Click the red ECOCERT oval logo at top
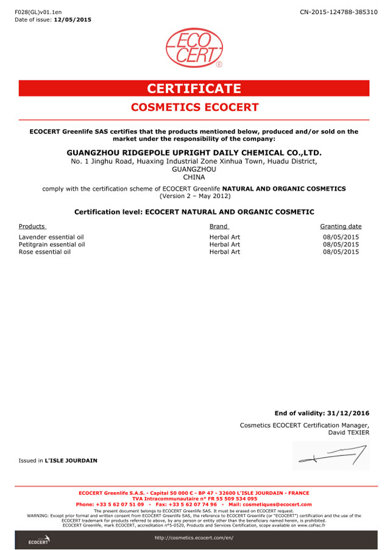tap(194, 48)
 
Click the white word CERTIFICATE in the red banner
tap(194, 88)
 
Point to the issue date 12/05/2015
tap(73, 19)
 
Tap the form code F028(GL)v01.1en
tap(38, 12)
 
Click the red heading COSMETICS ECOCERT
tap(194, 107)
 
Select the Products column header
tap(32, 226)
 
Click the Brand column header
tap(219, 226)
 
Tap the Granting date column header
tap(341, 226)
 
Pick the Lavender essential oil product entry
tap(51, 236)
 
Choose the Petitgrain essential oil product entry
tap(52, 244)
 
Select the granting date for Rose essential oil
tap(341, 252)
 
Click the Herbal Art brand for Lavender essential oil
tap(225, 236)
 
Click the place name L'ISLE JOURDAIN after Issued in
tap(71, 460)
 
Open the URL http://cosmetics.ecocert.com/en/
tap(194, 538)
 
